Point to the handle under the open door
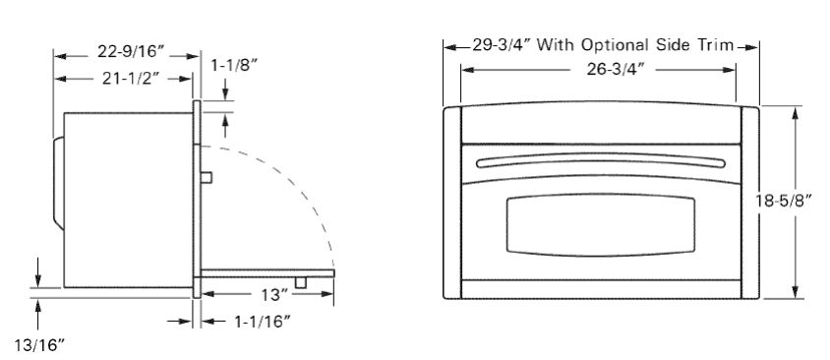[302, 282]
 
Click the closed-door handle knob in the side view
[208, 176]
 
